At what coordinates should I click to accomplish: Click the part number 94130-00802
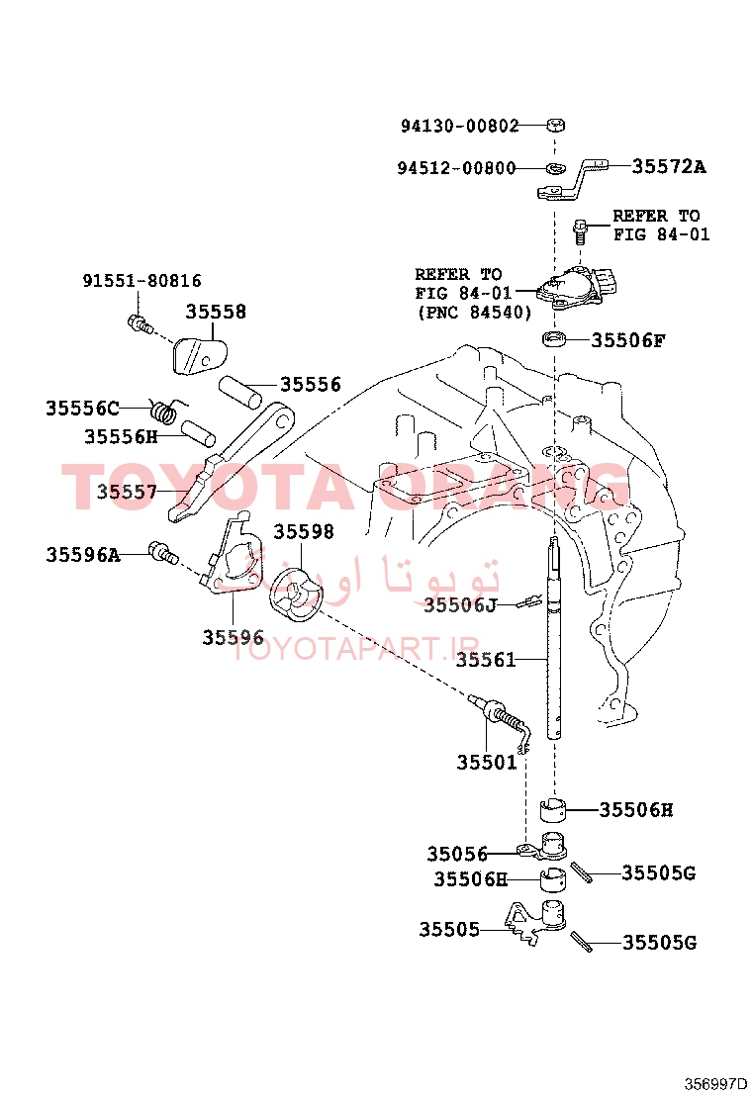pyautogui.click(x=459, y=126)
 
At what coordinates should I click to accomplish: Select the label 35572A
pyautogui.click(x=669, y=166)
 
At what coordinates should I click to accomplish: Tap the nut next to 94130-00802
pyautogui.click(x=555, y=125)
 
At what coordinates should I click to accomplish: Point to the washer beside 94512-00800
pyautogui.click(x=555, y=168)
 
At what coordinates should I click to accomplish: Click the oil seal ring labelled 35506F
pyautogui.click(x=554, y=338)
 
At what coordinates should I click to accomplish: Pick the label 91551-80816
pyautogui.click(x=141, y=281)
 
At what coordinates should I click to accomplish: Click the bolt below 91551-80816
pyautogui.click(x=141, y=324)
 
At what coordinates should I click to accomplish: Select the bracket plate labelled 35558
pyautogui.click(x=199, y=355)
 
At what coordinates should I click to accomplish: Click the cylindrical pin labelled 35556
pyautogui.click(x=239, y=392)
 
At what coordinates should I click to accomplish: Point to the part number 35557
pyautogui.click(x=127, y=491)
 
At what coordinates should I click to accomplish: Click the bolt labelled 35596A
pyautogui.click(x=163, y=554)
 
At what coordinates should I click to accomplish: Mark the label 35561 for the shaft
pyautogui.click(x=486, y=660)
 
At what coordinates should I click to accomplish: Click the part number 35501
pyautogui.click(x=486, y=762)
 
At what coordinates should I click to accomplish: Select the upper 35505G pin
pyautogui.click(x=581, y=872)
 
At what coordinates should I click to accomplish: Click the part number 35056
pyautogui.click(x=457, y=854)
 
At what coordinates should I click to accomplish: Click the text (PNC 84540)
pyautogui.click(x=474, y=313)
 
